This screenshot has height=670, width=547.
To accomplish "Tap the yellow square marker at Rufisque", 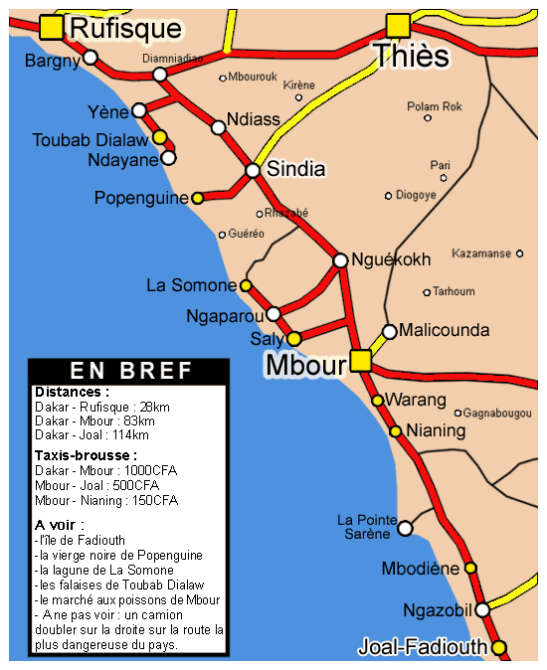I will tap(51, 27).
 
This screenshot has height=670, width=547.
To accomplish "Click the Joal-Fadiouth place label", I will tap(424, 647).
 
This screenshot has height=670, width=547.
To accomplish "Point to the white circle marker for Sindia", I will tap(253, 170).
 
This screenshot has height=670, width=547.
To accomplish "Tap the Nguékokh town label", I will tap(391, 260).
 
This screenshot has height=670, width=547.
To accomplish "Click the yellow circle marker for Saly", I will tap(293, 339).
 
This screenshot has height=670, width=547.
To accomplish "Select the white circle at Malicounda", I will tap(390, 331).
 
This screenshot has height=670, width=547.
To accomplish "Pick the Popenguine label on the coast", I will tap(141, 198).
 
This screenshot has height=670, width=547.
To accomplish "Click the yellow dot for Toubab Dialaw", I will tap(159, 137).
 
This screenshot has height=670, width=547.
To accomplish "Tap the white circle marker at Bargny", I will tap(91, 58).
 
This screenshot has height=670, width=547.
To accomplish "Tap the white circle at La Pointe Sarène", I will tap(405, 528).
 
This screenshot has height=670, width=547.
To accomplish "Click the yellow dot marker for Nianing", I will tap(395, 431).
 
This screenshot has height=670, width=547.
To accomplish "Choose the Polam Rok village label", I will tap(435, 106).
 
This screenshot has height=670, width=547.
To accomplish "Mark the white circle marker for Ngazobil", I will tap(481, 609).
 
